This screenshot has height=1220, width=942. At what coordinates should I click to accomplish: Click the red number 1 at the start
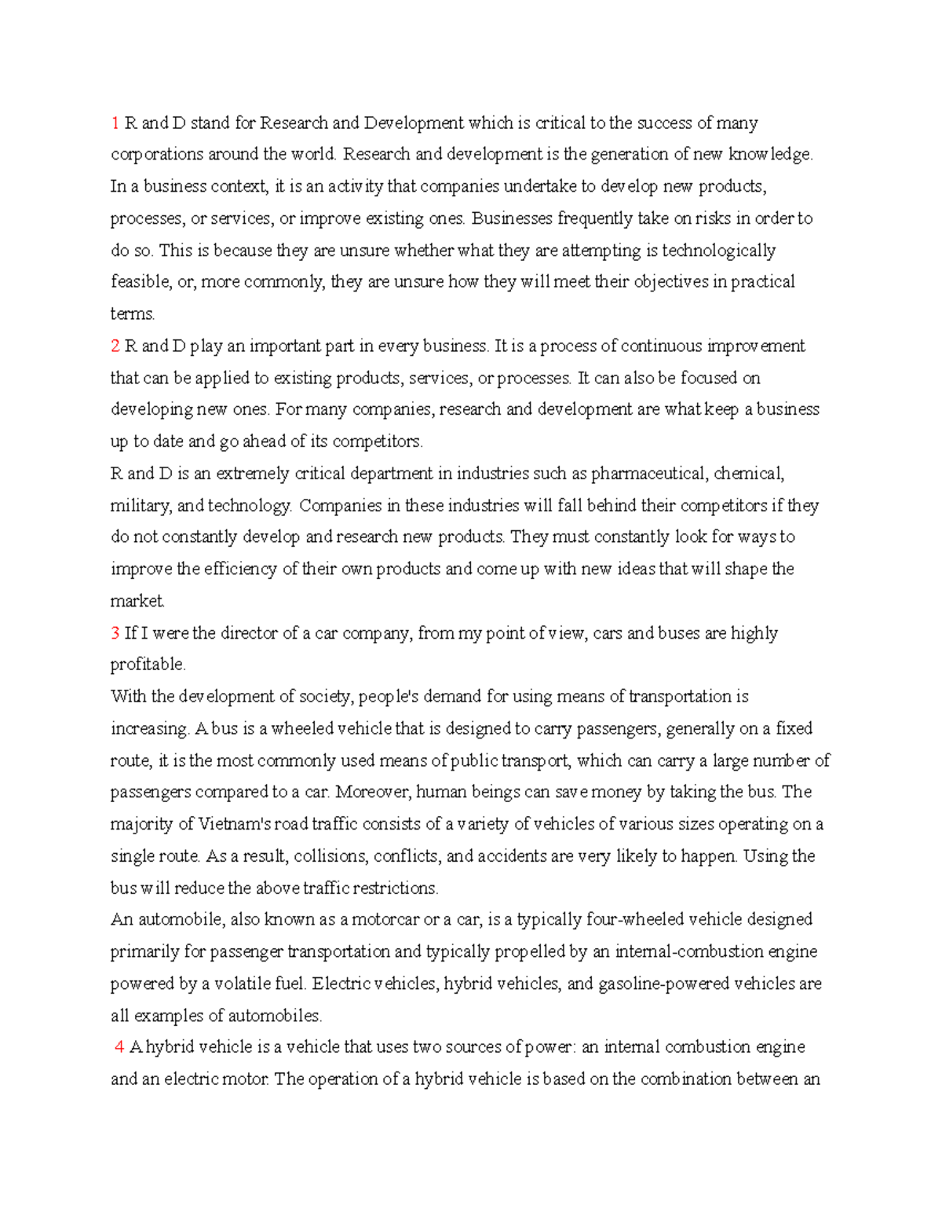coord(115,123)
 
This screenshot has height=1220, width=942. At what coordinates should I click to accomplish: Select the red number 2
coord(115,346)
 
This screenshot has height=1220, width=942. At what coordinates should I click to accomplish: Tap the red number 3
coord(115,633)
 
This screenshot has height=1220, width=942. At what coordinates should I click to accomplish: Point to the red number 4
coord(119,1047)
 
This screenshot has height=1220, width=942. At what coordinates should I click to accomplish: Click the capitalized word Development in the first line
coord(414,123)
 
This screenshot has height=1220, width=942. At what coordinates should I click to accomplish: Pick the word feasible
coord(141,282)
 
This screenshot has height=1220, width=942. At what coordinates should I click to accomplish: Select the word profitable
coord(148,665)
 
